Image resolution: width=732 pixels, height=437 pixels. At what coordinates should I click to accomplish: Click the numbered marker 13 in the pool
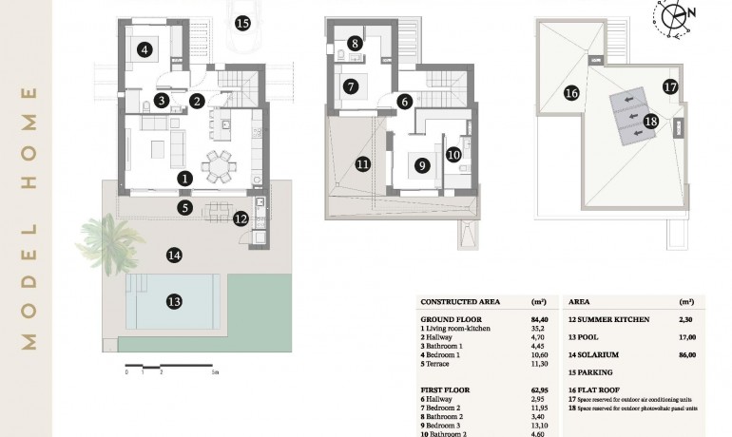click(174, 302)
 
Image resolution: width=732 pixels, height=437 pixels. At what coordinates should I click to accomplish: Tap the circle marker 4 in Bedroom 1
click(144, 51)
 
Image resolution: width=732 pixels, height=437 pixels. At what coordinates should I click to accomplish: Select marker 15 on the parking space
click(242, 22)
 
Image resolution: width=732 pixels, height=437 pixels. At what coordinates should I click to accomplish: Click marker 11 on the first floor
click(362, 163)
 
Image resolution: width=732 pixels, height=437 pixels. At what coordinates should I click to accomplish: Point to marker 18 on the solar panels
click(650, 121)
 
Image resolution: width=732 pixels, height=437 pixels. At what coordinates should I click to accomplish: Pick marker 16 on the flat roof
click(570, 93)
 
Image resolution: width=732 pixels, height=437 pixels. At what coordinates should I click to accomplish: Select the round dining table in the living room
click(221, 165)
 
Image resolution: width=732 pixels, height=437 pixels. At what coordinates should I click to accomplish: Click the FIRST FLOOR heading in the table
click(446, 389)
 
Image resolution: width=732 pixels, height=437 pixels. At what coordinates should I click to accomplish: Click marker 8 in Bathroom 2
click(355, 43)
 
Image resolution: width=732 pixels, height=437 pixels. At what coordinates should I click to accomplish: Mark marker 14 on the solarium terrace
click(173, 255)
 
